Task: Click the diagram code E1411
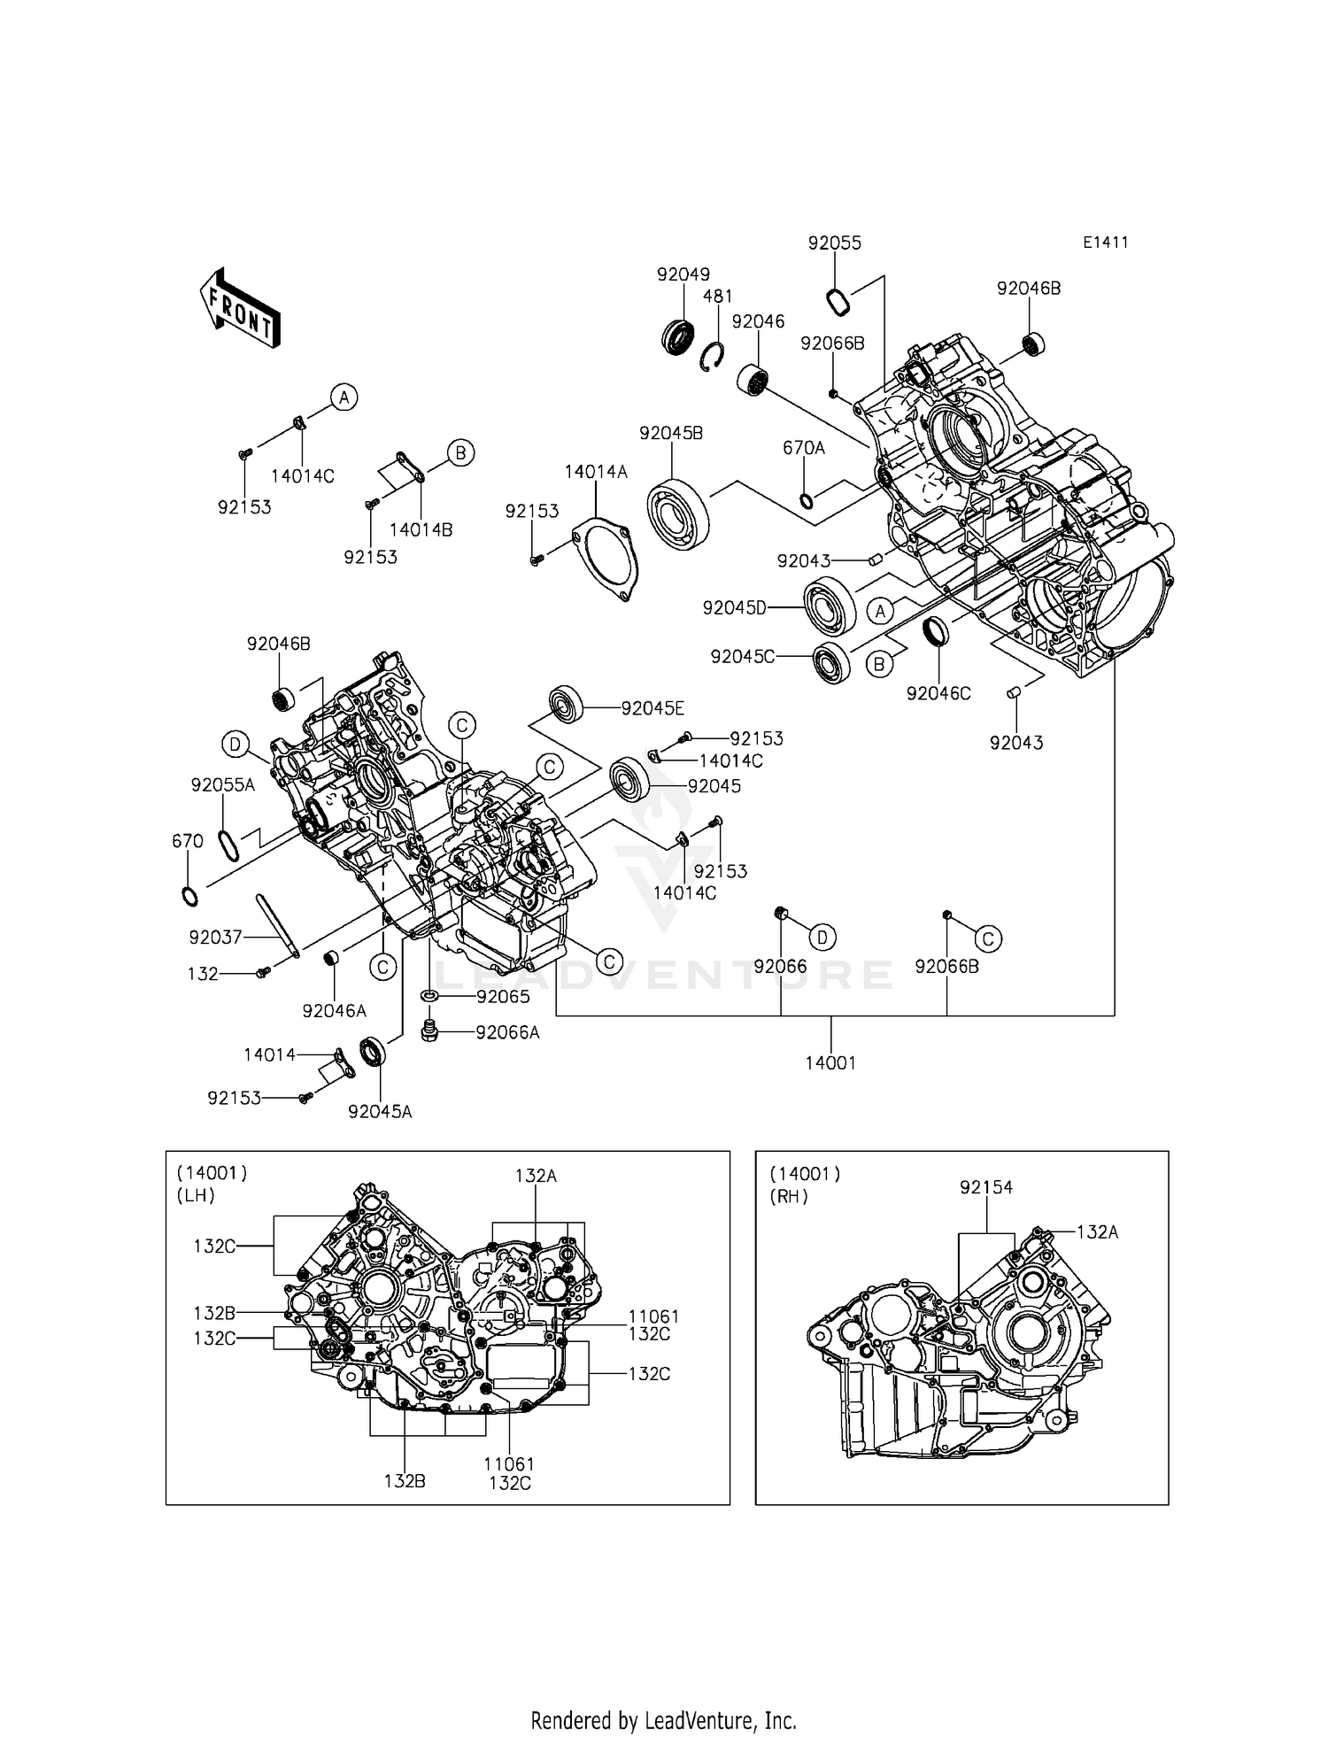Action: click(x=1105, y=243)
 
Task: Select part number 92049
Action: click(x=683, y=274)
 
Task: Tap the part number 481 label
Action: click(x=718, y=297)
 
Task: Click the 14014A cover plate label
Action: click(x=596, y=473)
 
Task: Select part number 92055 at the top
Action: click(x=834, y=243)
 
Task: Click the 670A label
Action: click(x=804, y=449)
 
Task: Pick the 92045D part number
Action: click(x=734, y=608)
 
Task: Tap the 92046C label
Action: click(x=938, y=694)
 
